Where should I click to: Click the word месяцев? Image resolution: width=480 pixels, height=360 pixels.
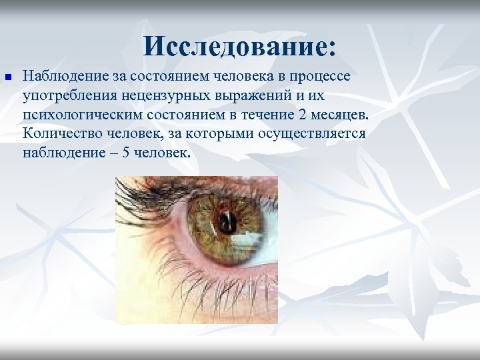(x=337, y=114)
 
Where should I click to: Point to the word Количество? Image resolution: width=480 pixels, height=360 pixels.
(x=59, y=133)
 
